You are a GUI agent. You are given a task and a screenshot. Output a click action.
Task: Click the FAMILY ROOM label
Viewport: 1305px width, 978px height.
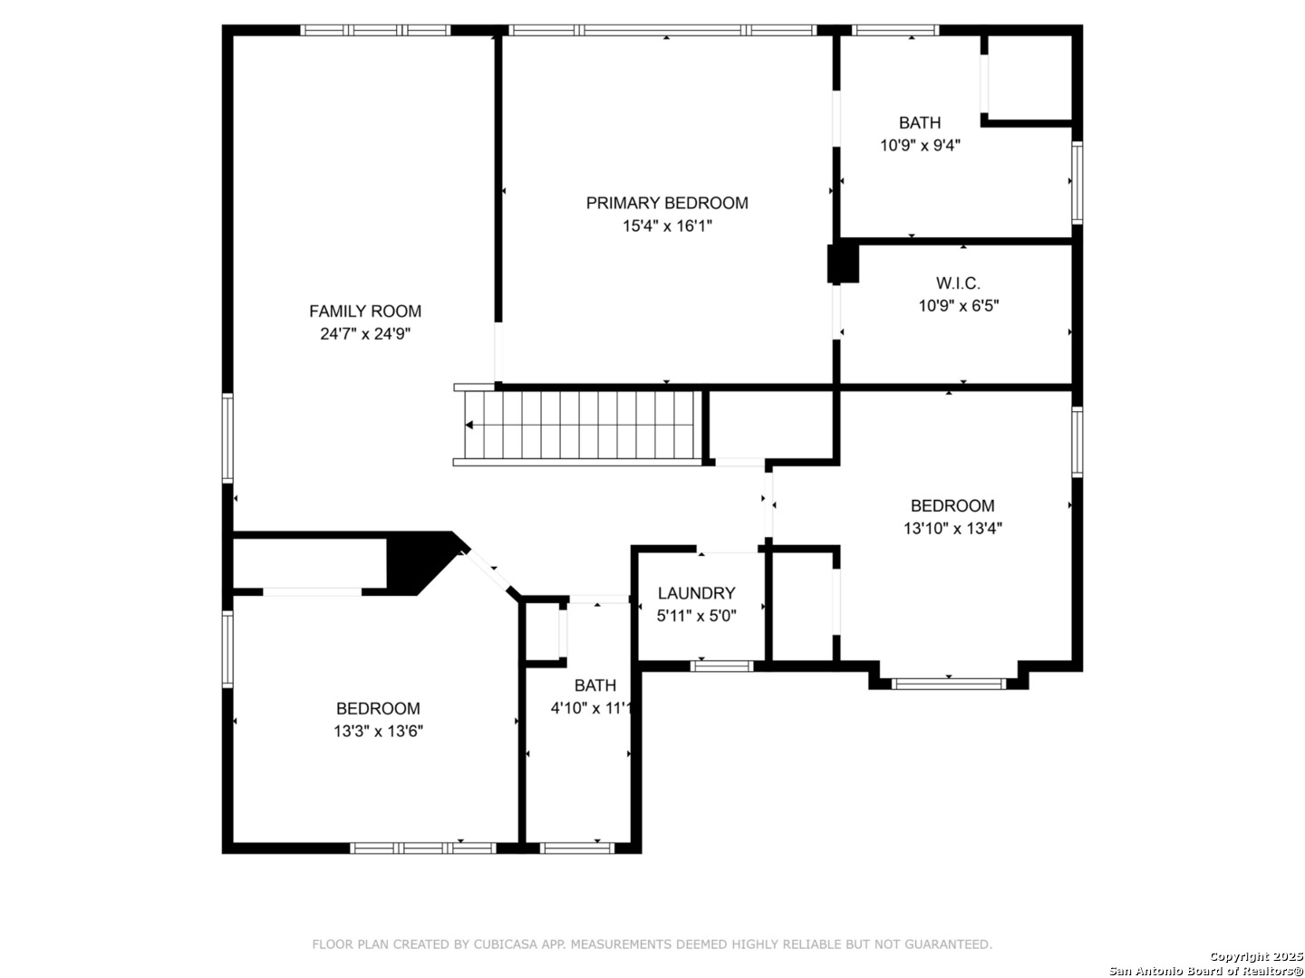pos(365,311)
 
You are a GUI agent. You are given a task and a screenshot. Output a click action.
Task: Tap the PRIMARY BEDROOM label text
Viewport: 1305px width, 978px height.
pos(666,203)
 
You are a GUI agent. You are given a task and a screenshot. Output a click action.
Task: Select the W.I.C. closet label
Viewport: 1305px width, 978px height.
pos(958,283)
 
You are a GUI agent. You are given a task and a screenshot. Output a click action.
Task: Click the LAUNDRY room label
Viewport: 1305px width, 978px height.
pos(696,592)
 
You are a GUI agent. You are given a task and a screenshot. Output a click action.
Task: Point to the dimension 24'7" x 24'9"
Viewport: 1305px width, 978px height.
pos(365,334)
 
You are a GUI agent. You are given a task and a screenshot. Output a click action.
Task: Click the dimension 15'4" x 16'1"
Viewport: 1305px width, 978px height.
pos(666,225)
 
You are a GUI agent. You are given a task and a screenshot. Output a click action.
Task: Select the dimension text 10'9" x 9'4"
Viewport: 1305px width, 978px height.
pos(920,145)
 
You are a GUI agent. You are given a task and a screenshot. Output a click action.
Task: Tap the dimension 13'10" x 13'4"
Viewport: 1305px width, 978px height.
pos(952,528)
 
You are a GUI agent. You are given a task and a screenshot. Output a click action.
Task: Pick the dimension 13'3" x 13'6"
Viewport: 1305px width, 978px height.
pos(378,731)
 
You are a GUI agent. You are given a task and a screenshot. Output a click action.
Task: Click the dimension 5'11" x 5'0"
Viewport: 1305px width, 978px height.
pos(696,616)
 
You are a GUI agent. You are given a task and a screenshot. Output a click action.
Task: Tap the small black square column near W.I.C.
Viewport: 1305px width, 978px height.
pos(843,264)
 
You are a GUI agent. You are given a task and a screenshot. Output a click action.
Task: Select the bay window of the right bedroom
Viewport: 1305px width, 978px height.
pos(948,684)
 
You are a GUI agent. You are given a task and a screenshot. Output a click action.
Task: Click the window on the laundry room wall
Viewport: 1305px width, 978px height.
pos(721,666)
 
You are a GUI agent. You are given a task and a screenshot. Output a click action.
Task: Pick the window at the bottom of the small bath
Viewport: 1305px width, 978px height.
pos(576,848)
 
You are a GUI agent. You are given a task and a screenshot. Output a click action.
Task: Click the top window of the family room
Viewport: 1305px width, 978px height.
pos(375,30)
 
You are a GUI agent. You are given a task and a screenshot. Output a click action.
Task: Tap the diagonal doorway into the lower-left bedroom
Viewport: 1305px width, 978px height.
pos(492,571)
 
